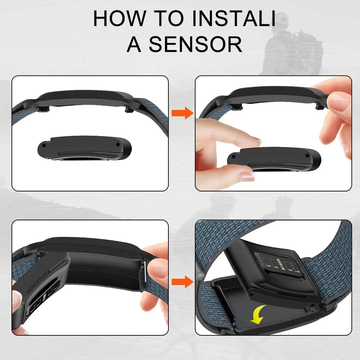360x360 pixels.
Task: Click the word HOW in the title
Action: pyautogui.click(x=119, y=18)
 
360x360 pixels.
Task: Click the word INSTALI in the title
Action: pyautogui.click(x=233, y=18)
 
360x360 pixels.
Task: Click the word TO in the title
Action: pyautogui.click(x=168, y=18)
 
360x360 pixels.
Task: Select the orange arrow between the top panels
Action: pyautogui.click(x=182, y=113)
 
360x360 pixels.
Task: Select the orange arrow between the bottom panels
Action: pyautogui.click(x=182, y=281)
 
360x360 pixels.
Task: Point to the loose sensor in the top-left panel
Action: pyautogui.click(x=84, y=148)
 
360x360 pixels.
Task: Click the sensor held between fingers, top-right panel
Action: pyautogui.click(x=274, y=159)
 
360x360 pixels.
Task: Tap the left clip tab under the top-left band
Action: pyautogui.click(x=43, y=108)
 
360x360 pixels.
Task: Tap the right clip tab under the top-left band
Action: pyautogui.click(x=129, y=109)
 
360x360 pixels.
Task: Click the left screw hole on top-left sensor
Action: pyautogui.click(x=44, y=145)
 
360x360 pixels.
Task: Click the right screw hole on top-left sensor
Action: pyautogui.click(x=118, y=144)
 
